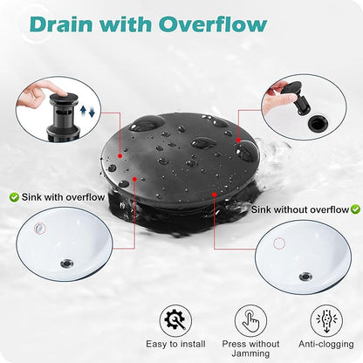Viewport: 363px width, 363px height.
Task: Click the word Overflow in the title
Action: pyautogui.click(x=213, y=24)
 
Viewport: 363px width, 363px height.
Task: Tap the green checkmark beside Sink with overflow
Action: pyautogui.click(x=14, y=197)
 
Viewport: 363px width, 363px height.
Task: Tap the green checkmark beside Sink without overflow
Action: pyautogui.click(x=355, y=209)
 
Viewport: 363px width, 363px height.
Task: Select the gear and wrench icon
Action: pyautogui.click(x=175, y=320)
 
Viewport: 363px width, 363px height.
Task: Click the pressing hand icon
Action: pyautogui.click(x=250, y=320)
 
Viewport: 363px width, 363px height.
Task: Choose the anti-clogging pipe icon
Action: pyautogui.click(x=326, y=320)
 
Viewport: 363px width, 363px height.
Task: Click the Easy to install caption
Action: pyautogui.click(x=175, y=344)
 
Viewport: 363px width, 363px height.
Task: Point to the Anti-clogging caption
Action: pyautogui.click(x=326, y=344)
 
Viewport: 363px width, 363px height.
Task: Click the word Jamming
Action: pyautogui.click(x=250, y=354)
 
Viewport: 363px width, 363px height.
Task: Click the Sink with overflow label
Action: pyautogui.click(x=63, y=197)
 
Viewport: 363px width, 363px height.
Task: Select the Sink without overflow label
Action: pyautogui.click(x=300, y=209)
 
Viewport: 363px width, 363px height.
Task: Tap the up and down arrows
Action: pyautogui.click(x=87, y=111)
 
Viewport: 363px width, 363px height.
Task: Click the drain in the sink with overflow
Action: pyautogui.click(x=67, y=264)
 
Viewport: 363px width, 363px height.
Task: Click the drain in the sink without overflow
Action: pyautogui.click(x=305, y=276)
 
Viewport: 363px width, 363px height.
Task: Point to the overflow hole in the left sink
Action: pyautogui.click(x=40, y=229)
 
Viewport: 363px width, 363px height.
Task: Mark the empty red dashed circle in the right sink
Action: pyautogui.click(x=279, y=243)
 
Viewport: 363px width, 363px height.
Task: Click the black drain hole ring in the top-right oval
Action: pyautogui.click(x=318, y=123)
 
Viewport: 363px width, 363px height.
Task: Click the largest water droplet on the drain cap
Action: pyautogui.click(x=147, y=124)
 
